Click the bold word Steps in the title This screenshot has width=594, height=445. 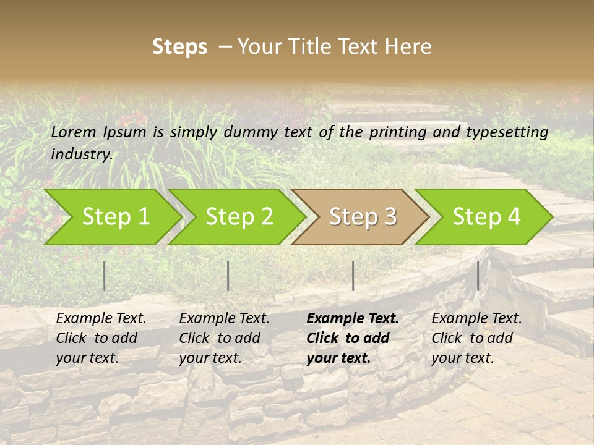179,47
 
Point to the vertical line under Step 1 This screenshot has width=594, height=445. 105,276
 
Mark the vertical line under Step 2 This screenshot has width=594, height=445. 228,276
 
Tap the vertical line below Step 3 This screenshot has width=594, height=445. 353,276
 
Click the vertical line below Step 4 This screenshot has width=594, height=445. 478,276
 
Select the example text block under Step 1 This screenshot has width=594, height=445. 101,338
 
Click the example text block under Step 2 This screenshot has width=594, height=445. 224,338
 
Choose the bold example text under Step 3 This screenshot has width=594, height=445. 353,338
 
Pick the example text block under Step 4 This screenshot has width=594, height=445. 476,338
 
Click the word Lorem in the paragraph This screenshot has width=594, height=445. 73,132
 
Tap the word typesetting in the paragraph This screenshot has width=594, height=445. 507,132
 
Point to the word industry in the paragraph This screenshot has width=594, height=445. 82,155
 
